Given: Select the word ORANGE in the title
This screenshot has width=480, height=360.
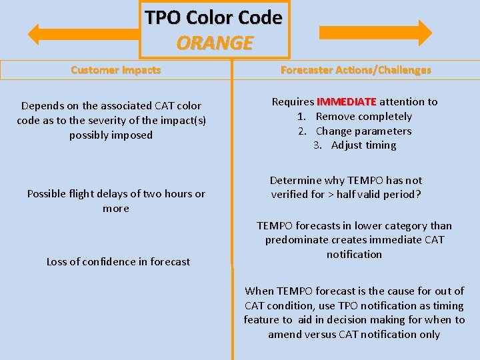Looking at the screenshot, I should click(x=214, y=43).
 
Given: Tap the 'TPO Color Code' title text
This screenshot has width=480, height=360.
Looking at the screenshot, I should click(x=214, y=17).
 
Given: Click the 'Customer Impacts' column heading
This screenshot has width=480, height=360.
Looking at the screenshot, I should click(x=115, y=70).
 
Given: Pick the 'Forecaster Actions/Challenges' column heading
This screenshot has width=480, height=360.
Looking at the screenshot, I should click(x=355, y=70).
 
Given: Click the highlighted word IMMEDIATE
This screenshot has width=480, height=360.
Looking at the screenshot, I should click(x=347, y=102).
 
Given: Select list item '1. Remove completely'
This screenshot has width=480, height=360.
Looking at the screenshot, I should click(x=355, y=117).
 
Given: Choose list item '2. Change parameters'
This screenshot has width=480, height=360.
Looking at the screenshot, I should click(x=355, y=131).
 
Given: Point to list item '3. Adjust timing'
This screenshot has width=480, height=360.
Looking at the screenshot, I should click(x=355, y=145).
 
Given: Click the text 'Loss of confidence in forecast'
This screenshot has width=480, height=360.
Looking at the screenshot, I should click(x=118, y=262).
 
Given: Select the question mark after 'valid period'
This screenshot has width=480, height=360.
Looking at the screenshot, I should click(x=419, y=195).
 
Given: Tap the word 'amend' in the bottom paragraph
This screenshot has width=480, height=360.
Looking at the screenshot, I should click(x=284, y=335).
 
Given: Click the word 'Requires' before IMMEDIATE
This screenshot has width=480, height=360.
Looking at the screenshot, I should click(x=293, y=102).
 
